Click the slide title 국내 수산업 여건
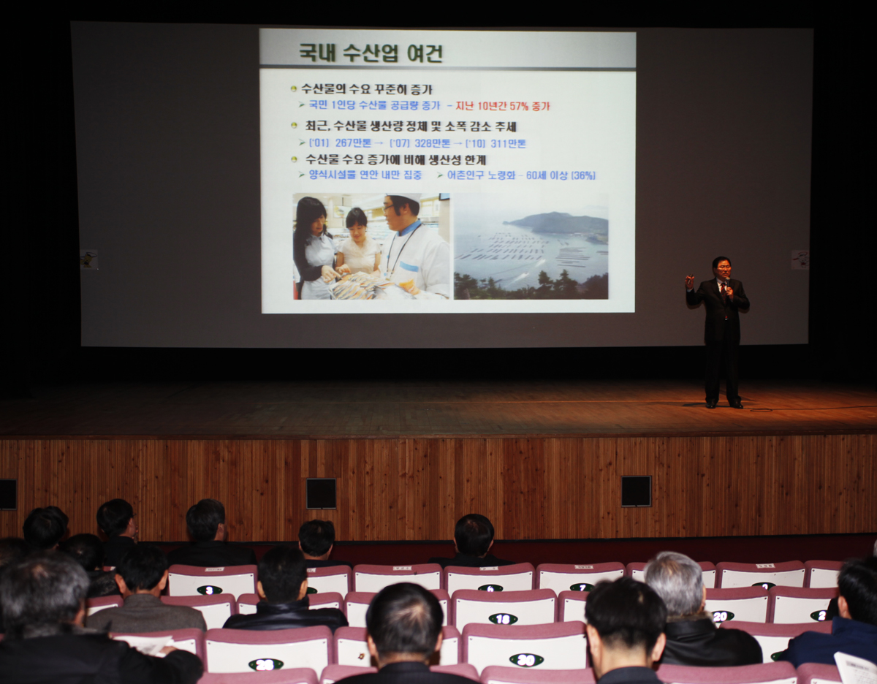coord(371,53)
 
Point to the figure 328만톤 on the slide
coord(433,143)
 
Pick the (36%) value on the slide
coord(583,175)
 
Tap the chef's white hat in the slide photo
coord(403,199)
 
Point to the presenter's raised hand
coord(689,281)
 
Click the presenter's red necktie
coord(723,292)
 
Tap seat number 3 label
coord(209,590)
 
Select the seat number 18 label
coord(503,619)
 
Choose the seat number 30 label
coord(525,660)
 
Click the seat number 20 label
coord(721,616)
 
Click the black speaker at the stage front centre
coord(321,493)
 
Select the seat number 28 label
coord(265,664)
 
